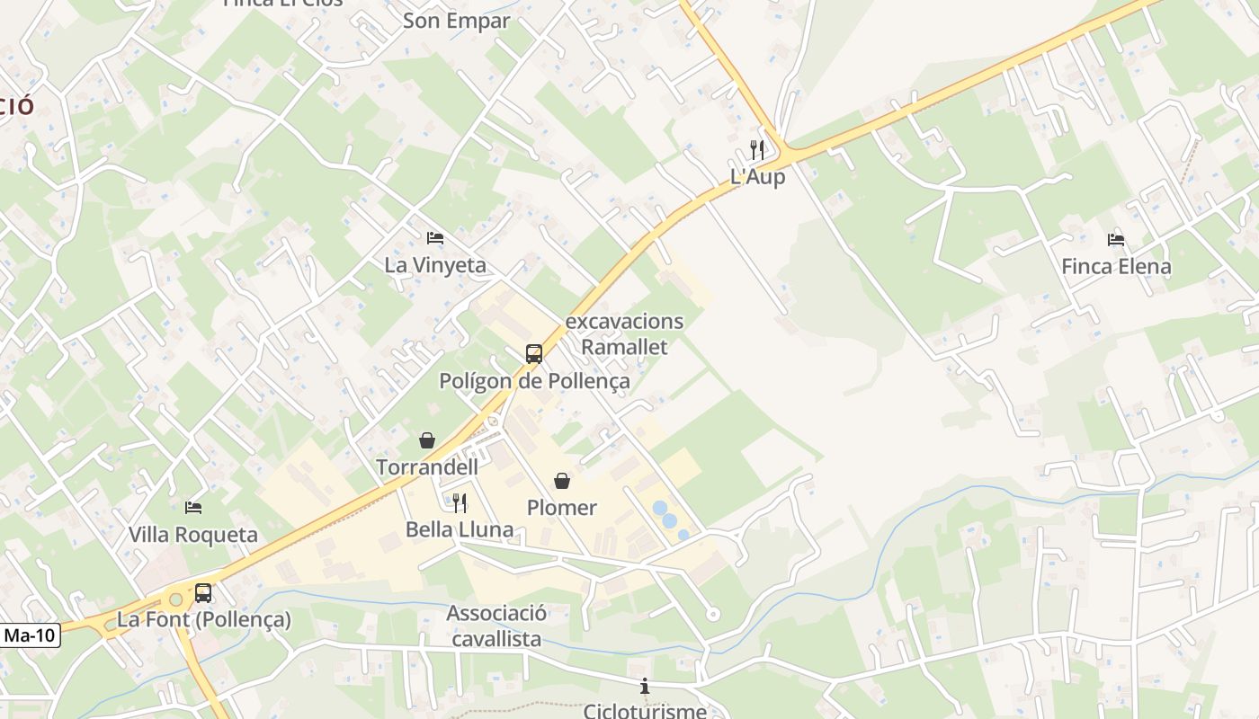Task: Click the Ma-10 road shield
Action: pyautogui.click(x=30, y=635)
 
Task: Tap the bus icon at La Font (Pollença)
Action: pyautogui.click(x=203, y=593)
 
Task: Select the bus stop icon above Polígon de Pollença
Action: pyautogui.click(x=534, y=354)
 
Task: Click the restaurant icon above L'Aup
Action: pyautogui.click(x=757, y=150)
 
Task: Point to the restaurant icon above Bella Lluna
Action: pyautogui.click(x=460, y=502)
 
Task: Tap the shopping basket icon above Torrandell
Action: pyautogui.click(x=427, y=440)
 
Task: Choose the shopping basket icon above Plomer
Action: pyautogui.click(x=562, y=481)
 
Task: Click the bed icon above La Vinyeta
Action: pyautogui.click(x=435, y=238)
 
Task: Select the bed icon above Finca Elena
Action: pyautogui.click(x=1116, y=239)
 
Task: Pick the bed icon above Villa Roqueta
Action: pyautogui.click(x=193, y=508)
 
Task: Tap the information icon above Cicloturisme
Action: pyautogui.click(x=644, y=687)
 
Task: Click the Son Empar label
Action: pyautogui.click(x=456, y=21)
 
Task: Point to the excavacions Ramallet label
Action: pyautogui.click(x=624, y=333)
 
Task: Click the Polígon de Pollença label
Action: pyautogui.click(x=534, y=381)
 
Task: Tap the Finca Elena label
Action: pyautogui.click(x=1116, y=266)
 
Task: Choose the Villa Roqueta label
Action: pyautogui.click(x=192, y=535)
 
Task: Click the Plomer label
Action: pyautogui.click(x=562, y=508)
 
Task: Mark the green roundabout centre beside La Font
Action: pyautogui.click(x=175, y=599)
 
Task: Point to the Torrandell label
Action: pyautogui.click(x=427, y=467)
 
